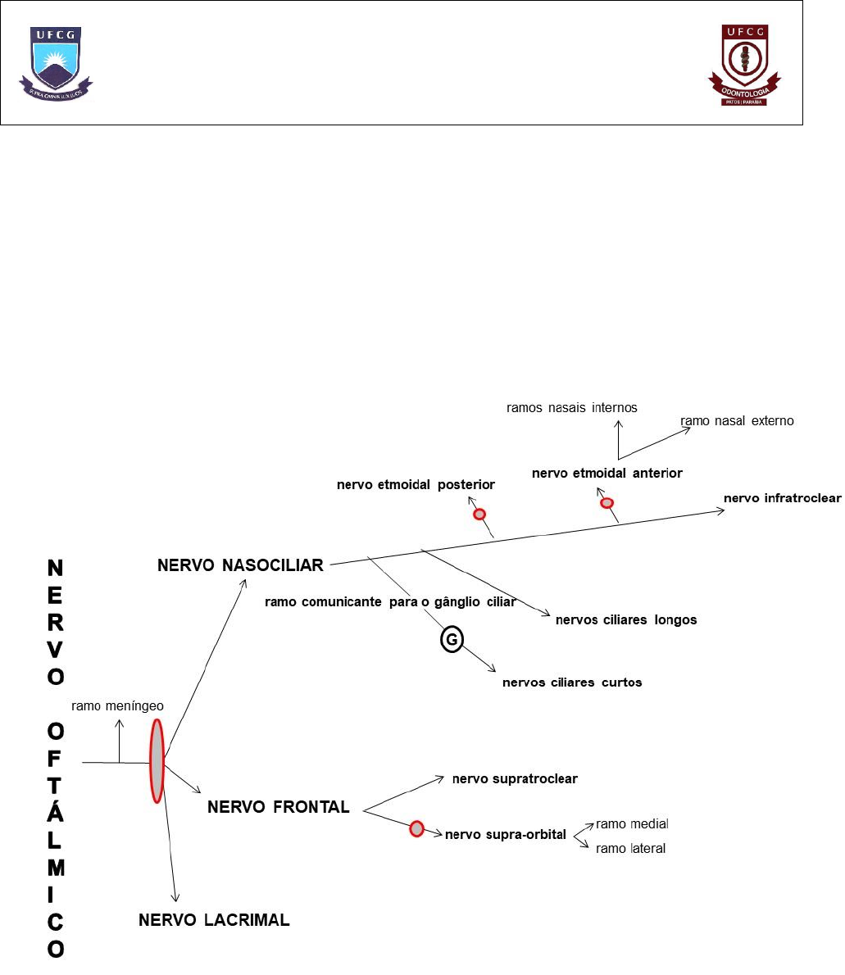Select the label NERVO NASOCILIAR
pyautogui.click(x=240, y=565)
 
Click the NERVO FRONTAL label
pyautogui.click(x=279, y=807)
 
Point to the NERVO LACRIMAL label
pyautogui.click(x=214, y=920)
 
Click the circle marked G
pyautogui.click(x=452, y=640)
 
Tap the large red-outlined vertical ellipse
pyautogui.click(x=157, y=760)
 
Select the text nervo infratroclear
pyautogui.click(x=782, y=498)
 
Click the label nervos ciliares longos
pyautogui.click(x=626, y=619)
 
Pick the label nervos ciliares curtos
pyautogui.click(x=572, y=682)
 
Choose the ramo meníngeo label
pyautogui.click(x=118, y=705)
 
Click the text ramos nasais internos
pyautogui.click(x=572, y=407)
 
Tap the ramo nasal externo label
pyautogui.click(x=737, y=421)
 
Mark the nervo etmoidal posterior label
pyautogui.click(x=416, y=484)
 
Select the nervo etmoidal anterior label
pyautogui.click(x=606, y=473)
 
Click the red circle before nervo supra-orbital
pyautogui.click(x=417, y=829)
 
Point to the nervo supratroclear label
pyautogui.click(x=515, y=778)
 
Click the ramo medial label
pyautogui.click(x=632, y=823)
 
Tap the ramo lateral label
pyautogui.click(x=630, y=849)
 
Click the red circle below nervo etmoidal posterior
pyautogui.click(x=479, y=515)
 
